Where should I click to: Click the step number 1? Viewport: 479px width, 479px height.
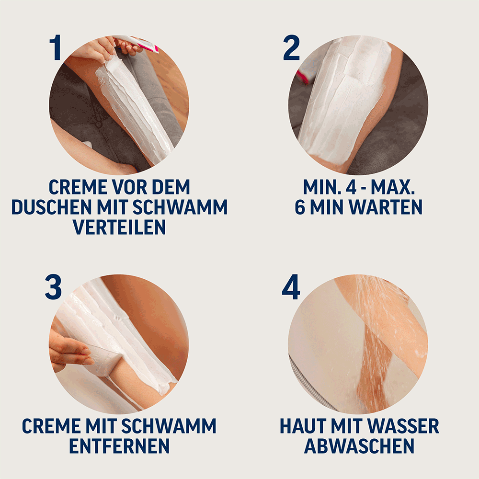(x=56, y=48)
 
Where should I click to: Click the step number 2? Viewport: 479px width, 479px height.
(x=291, y=48)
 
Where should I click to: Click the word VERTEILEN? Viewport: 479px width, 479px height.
(x=119, y=227)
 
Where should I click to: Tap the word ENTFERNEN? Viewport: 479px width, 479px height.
(x=119, y=445)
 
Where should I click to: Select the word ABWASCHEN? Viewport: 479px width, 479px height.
(x=359, y=445)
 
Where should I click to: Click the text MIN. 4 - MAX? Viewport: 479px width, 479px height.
(x=359, y=186)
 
